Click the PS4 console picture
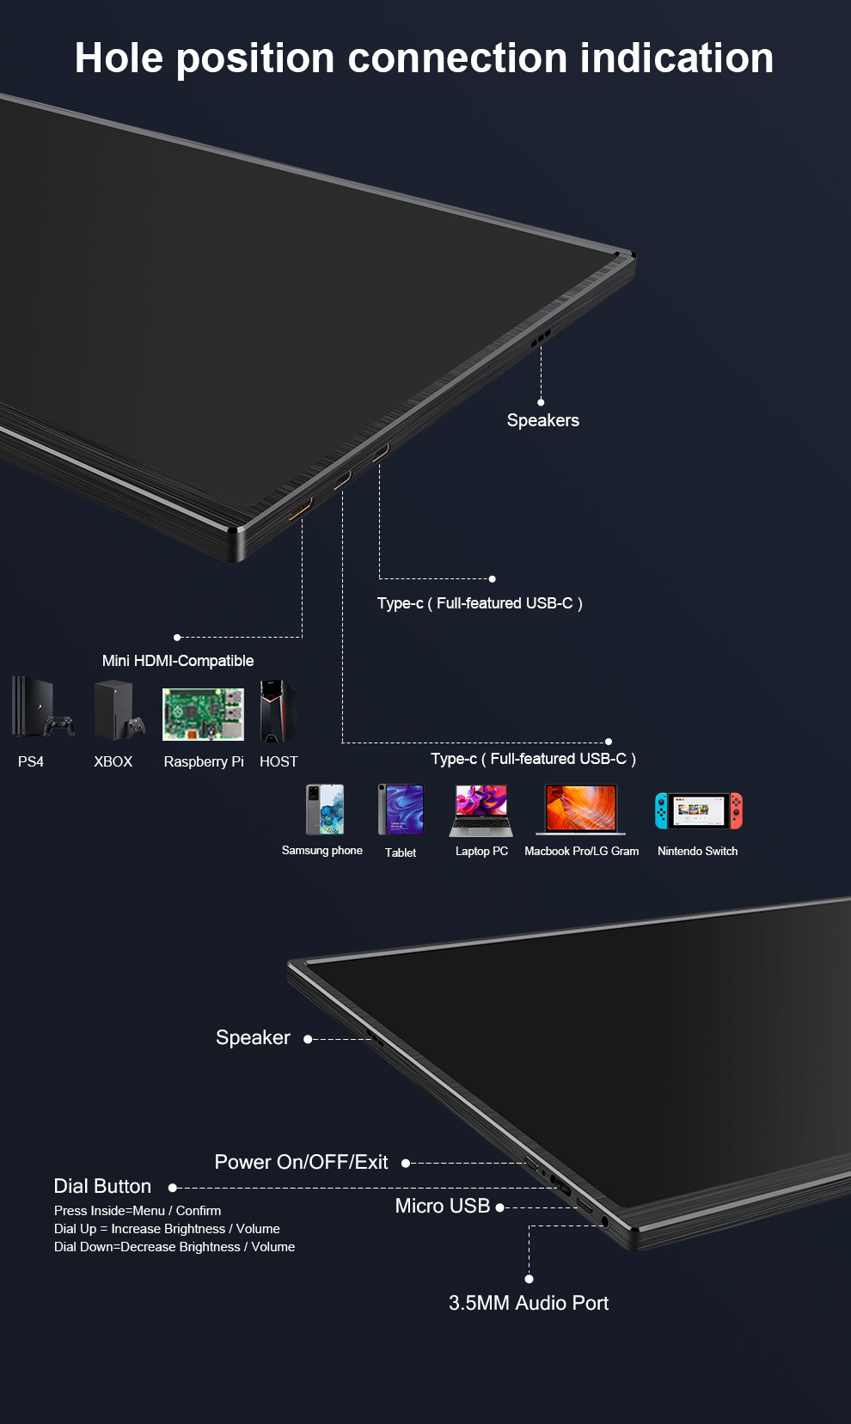[x=40, y=708]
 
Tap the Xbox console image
[x=117, y=710]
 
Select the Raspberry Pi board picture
[x=203, y=713]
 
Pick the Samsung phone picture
[x=325, y=809]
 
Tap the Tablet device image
[x=401, y=809]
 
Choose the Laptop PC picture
[x=481, y=810]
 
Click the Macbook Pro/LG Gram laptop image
[x=581, y=809]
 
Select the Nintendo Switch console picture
[x=698, y=810]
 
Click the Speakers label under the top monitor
[x=542, y=420]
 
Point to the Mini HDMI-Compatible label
[x=178, y=661]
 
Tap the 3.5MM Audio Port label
[x=528, y=1303]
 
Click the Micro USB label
[x=442, y=1206]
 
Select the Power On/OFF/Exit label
[x=301, y=1162]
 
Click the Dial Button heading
[x=102, y=1186]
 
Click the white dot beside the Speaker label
[x=308, y=1039]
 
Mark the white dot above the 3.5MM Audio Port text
[x=529, y=1279]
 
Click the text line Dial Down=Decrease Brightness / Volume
[x=174, y=1247]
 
